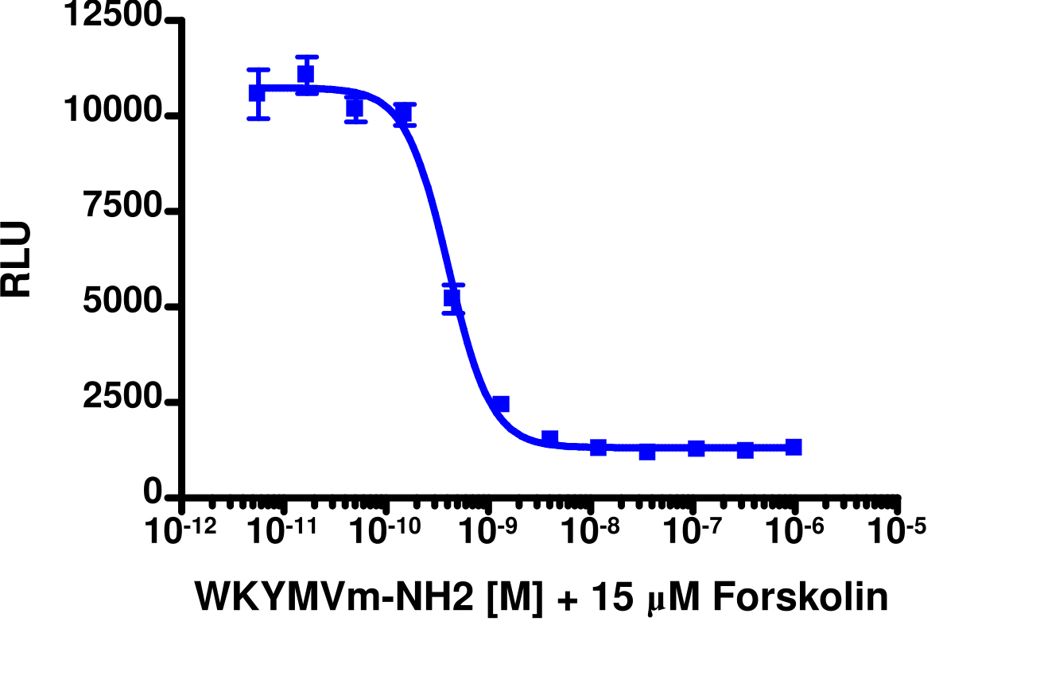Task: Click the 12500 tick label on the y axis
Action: (116, 17)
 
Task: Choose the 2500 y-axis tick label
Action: (124, 402)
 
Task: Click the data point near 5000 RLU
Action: (452, 298)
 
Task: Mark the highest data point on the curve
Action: (306, 75)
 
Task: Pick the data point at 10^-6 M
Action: (793, 447)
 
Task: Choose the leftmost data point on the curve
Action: (257, 93)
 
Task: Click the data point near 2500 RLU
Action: (500, 404)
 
